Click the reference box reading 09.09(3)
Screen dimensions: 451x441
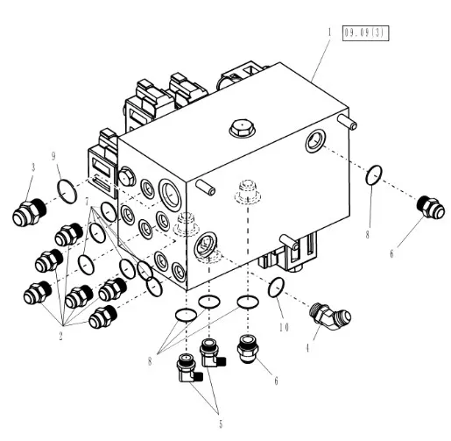tap(365, 33)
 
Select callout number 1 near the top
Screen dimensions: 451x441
tap(330, 32)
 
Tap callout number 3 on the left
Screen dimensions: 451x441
tap(33, 167)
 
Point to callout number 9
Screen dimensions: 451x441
tap(53, 156)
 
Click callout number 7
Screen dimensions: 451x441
tap(87, 202)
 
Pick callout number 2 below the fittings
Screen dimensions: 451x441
tap(60, 336)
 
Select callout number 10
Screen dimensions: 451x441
tap(284, 327)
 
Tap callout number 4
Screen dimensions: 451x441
tap(307, 348)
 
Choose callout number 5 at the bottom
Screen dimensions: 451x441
tap(221, 424)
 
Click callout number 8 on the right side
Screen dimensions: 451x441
tap(368, 235)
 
